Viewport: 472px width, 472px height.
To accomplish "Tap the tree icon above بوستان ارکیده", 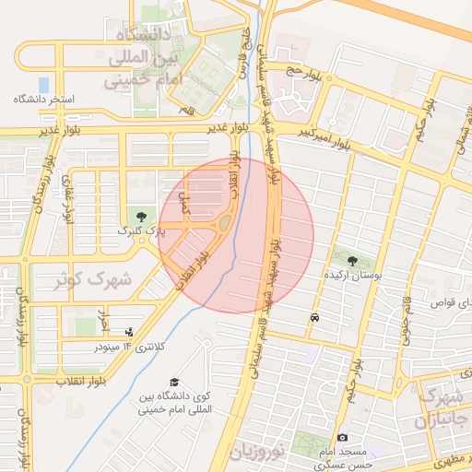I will (x=353, y=261).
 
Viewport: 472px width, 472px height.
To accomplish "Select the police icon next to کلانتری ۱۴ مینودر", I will (x=128, y=332).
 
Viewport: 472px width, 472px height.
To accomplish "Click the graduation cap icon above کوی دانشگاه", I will (x=174, y=382).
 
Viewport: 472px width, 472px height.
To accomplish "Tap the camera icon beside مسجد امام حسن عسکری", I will (x=343, y=437).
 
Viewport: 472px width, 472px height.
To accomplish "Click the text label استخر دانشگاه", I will (x=44, y=98).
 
